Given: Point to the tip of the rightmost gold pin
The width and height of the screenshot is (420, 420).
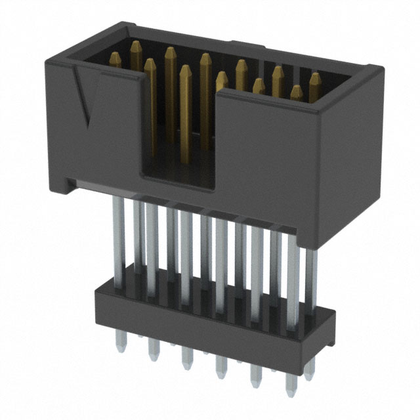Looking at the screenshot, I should [316, 77].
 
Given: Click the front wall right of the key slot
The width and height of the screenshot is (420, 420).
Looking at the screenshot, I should [289, 164].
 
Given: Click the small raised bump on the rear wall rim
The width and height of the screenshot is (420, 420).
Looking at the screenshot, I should [253, 47].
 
